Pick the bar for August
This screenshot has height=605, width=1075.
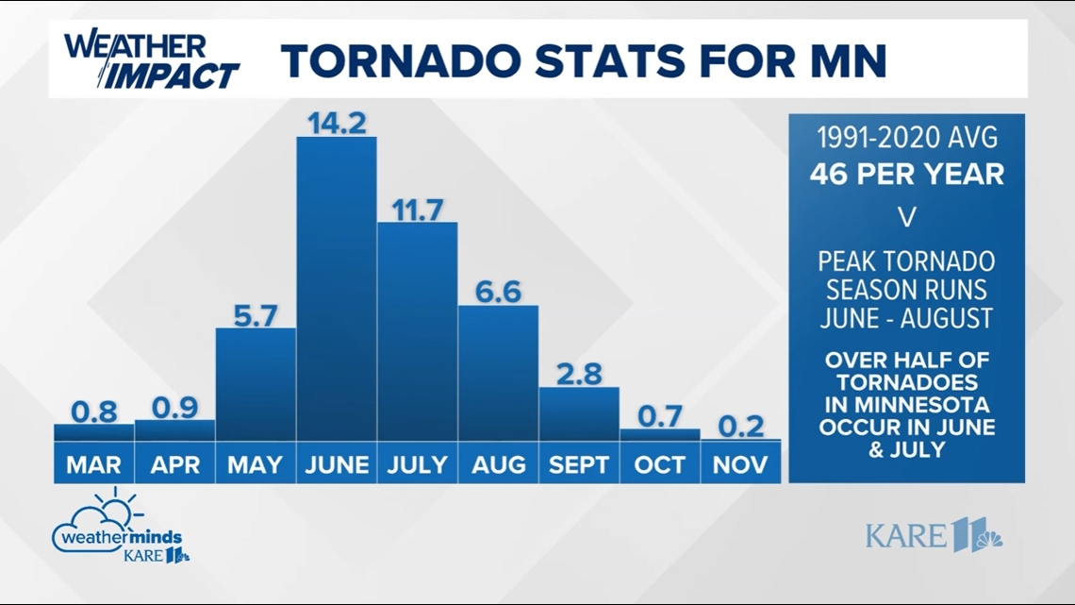click(x=498, y=373)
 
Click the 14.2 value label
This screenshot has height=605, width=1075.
click(x=337, y=124)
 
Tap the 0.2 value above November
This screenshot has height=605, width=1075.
click(x=740, y=426)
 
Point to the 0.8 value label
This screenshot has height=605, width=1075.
click(x=94, y=411)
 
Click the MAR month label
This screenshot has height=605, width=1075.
click(x=94, y=464)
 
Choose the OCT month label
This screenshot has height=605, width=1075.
click(x=660, y=464)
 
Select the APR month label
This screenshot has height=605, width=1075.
click(x=175, y=464)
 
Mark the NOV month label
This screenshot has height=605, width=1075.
click(x=740, y=464)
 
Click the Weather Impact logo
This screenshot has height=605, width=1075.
click(x=151, y=59)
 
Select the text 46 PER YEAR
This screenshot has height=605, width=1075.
click(x=906, y=175)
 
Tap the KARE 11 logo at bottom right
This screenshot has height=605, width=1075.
click(x=934, y=536)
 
